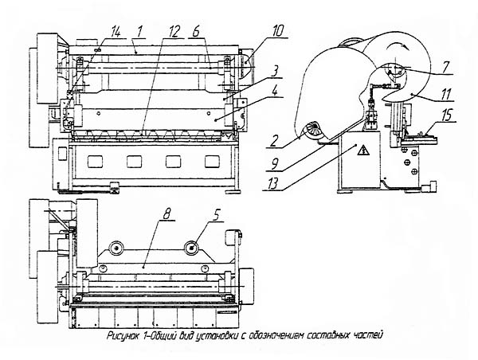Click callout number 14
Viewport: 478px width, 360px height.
(x=116, y=31)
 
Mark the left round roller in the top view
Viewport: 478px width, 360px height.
(x=117, y=249)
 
